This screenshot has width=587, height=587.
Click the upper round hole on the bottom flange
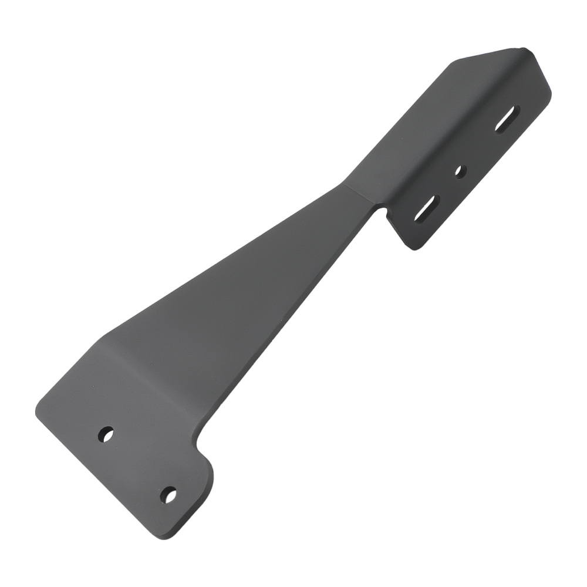107,435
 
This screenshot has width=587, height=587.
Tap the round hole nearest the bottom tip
169,495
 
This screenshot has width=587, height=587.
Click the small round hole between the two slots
461,171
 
